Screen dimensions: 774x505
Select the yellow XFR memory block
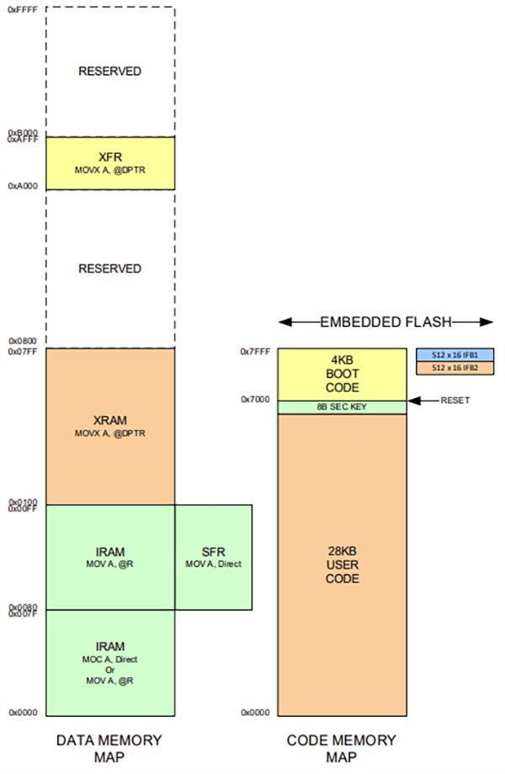[110, 163]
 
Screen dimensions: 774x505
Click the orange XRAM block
[110, 425]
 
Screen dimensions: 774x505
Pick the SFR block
[213, 557]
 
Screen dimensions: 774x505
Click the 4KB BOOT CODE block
[343, 374]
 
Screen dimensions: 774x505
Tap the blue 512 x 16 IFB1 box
[454, 355]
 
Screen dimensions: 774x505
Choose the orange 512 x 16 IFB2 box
[454, 368]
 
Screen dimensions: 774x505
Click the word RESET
[455, 401]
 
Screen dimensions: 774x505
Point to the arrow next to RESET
[422, 401]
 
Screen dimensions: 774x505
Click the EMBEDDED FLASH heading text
[386, 321]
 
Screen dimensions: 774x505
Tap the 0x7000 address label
[256, 400]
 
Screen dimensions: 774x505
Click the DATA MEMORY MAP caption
[109, 748]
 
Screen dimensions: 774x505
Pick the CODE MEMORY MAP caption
[342, 748]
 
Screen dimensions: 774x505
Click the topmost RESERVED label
[110, 72]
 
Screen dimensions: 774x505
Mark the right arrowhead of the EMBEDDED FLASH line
[487, 321]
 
